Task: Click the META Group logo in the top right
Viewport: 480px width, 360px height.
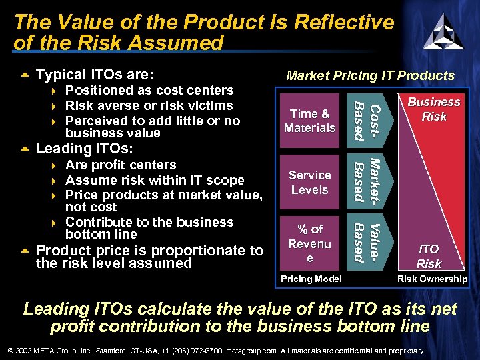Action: click(x=443, y=31)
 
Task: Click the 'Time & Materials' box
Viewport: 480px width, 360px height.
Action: click(x=310, y=121)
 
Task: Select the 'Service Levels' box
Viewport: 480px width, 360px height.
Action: click(x=310, y=182)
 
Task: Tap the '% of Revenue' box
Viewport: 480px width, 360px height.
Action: click(x=310, y=243)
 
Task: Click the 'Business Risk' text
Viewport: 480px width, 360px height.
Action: click(x=434, y=109)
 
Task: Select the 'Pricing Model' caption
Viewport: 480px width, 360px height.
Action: click(x=311, y=279)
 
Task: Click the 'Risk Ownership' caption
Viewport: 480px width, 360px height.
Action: click(x=432, y=279)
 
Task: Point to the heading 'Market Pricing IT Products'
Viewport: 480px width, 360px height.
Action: click(x=370, y=76)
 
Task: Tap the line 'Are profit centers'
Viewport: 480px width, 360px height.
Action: click(x=121, y=165)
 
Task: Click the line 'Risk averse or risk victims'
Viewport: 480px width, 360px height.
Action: click(x=149, y=105)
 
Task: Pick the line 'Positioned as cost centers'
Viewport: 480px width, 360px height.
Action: click(x=149, y=90)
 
